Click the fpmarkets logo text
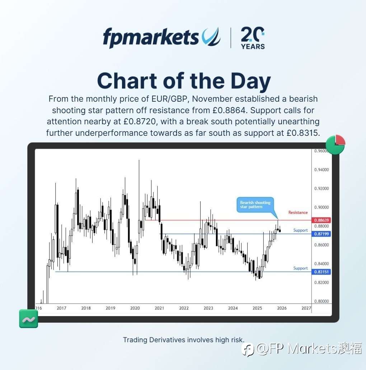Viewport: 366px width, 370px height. coord(151,37)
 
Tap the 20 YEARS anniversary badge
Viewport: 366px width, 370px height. coord(253,38)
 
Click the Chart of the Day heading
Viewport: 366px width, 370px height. coord(184,81)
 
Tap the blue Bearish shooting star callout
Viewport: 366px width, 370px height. coord(255,205)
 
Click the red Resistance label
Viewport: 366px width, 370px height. coord(298,213)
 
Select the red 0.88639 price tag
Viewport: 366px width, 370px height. coord(322,220)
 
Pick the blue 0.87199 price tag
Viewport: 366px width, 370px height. coord(322,234)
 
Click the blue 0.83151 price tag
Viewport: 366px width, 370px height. coord(322,272)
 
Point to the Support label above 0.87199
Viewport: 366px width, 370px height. coord(300,230)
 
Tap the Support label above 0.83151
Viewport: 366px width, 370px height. coord(300,268)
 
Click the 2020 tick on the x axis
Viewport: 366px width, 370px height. coord(135,308)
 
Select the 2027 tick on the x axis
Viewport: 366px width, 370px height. coord(306,308)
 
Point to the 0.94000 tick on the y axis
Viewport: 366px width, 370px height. coord(322,170)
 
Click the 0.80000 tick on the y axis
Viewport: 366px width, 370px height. coord(322,301)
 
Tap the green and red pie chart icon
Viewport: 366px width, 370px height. coord(335,145)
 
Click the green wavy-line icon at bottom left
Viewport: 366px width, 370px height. coord(28,319)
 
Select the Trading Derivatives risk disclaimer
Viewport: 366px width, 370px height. coord(183,339)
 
